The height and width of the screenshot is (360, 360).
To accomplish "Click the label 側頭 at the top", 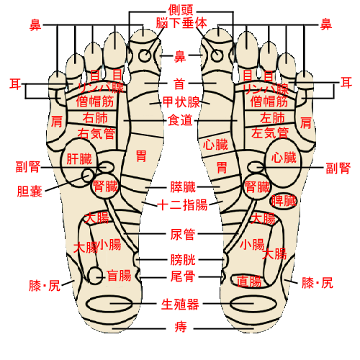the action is point(181,10).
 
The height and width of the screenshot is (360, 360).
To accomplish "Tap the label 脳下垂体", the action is point(181,23).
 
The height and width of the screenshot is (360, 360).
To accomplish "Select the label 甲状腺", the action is point(181,102).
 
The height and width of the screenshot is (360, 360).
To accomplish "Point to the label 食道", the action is point(180,120).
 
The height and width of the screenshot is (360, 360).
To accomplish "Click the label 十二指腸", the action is point(182,205).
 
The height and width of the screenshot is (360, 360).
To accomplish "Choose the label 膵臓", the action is point(183,187).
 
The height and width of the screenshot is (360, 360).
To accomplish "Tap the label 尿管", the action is point(183,235).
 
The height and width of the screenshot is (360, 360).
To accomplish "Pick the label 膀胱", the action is point(183,260).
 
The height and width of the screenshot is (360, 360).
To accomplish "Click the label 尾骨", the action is point(183,276).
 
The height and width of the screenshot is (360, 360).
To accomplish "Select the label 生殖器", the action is point(180,305).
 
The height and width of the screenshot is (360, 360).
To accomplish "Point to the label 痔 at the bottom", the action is point(181,327).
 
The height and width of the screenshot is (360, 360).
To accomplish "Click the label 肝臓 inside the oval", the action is point(79,159).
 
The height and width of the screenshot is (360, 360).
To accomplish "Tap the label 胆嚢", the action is point(30,192).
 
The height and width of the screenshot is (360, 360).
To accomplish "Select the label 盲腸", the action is point(119,276).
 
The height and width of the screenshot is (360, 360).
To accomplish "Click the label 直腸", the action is point(249,282).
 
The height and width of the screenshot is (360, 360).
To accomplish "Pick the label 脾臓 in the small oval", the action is point(284,201).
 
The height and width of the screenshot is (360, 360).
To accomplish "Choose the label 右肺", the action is point(95,118).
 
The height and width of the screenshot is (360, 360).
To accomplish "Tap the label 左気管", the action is point(270,132).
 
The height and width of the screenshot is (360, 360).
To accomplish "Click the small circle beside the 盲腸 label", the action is point(95,276).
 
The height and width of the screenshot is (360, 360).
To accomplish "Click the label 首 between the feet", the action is point(179,84).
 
